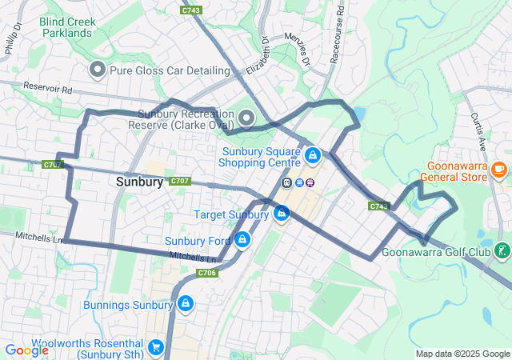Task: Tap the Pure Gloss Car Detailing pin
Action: point(98,70)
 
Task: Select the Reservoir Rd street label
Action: point(48,87)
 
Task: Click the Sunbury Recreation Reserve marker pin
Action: point(246,118)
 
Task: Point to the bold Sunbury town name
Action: point(139,182)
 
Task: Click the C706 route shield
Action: point(207,273)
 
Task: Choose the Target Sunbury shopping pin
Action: point(281,214)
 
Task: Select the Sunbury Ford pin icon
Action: point(242,240)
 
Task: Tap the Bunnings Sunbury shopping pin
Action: point(185,304)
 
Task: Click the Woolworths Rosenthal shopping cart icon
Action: point(156,347)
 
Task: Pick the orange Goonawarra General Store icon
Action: point(499,169)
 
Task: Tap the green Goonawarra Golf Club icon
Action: point(502,251)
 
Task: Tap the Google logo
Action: point(26,350)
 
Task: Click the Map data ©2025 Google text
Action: point(462,354)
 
